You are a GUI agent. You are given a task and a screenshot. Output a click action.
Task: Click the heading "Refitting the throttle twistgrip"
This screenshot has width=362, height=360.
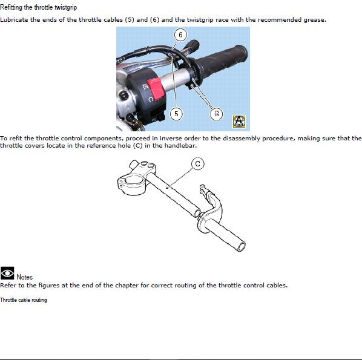[38, 7]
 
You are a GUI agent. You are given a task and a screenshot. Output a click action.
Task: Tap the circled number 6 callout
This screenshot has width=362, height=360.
[180, 35]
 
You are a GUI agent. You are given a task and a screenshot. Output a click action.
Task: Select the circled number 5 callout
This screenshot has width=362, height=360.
[176, 114]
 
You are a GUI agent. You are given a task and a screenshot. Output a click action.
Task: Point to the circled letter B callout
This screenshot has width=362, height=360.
[216, 114]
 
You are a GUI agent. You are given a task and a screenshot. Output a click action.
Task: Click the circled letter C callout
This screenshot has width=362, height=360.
[197, 163]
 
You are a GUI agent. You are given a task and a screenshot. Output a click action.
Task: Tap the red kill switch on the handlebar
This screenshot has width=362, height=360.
[155, 88]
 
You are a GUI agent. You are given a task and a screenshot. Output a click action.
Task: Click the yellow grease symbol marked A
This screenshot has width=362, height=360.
[239, 122]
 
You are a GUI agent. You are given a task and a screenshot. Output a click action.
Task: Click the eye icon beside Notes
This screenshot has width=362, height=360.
[7, 273]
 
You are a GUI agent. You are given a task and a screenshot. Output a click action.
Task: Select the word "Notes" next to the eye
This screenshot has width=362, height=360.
[24, 277]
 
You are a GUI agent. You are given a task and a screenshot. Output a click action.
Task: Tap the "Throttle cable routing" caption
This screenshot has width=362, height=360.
[24, 300]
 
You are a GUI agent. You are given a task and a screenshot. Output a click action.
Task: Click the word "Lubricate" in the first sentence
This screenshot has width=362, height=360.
[14, 19]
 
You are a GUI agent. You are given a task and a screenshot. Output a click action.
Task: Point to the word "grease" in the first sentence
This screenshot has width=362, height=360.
[314, 20]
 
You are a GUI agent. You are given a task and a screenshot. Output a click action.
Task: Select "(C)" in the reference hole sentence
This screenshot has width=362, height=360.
[138, 146]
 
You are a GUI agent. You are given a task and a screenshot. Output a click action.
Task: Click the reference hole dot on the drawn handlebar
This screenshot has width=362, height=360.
[167, 188]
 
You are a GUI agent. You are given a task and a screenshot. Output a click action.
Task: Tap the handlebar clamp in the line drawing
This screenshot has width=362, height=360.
[136, 178]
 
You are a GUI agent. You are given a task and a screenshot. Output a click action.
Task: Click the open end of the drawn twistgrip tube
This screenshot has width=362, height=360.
[242, 247]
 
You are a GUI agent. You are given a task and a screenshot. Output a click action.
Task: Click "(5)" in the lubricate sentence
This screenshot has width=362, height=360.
[130, 19]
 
